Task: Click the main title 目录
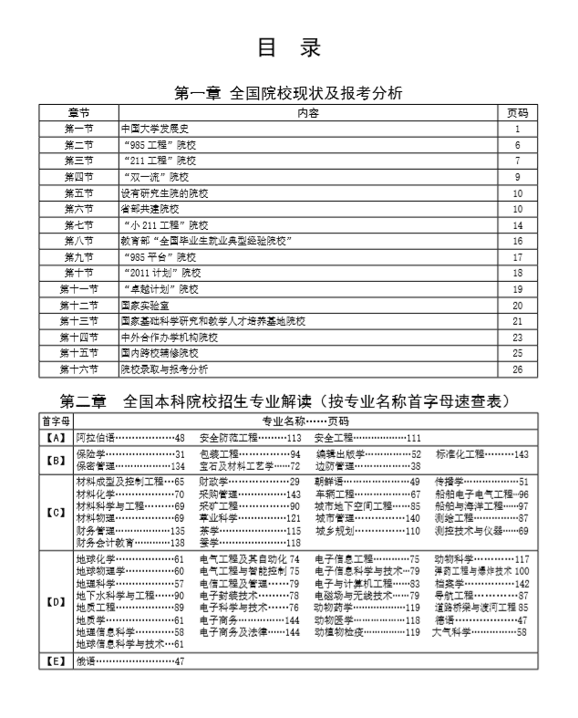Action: [289, 48]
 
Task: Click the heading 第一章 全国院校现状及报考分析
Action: [288, 93]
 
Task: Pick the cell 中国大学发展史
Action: [154, 129]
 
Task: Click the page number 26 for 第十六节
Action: [517, 369]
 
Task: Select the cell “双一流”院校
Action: [155, 176]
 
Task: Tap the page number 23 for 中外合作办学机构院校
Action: [517, 337]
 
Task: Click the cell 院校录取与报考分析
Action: [164, 369]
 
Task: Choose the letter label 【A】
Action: [56, 438]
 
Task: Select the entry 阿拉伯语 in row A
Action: [95, 438]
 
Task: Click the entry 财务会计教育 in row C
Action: [105, 542]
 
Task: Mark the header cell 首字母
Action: [56, 421]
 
